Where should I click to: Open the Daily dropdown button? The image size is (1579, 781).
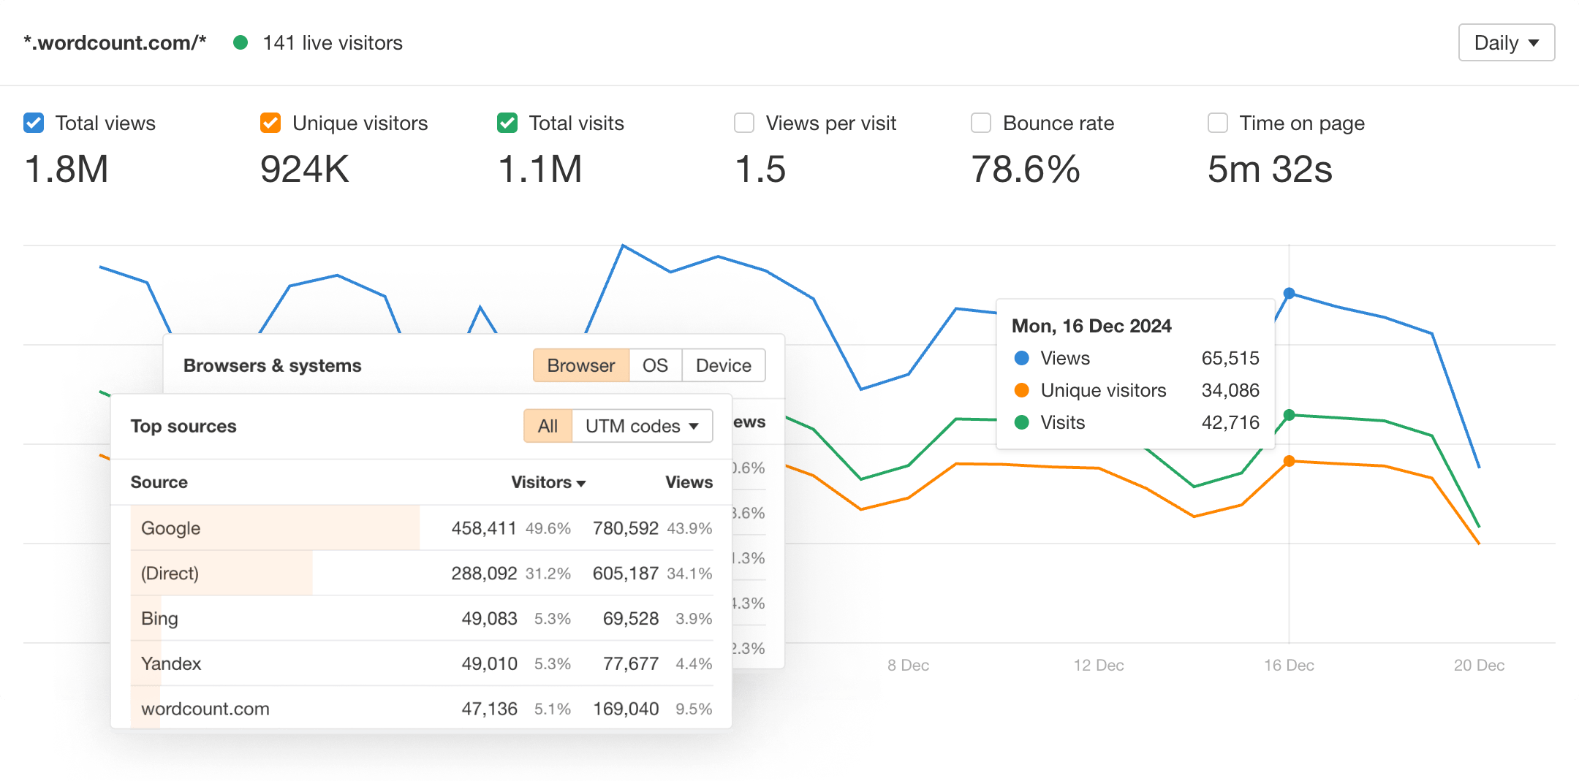coord(1506,43)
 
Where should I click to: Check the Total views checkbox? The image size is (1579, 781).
coord(34,123)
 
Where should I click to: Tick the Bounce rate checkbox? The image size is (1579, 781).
coord(981,123)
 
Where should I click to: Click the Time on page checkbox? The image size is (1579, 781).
coord(1218,123)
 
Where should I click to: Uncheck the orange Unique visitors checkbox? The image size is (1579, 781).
coord(270,123)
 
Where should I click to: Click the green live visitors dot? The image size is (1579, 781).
coord(241,43)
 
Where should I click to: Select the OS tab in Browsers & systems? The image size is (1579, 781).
coord(655,365)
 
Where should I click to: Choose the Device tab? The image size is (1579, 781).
coord(723,365)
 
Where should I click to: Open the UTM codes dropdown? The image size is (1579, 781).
coord(642,426)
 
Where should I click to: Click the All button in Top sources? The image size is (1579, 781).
coord(548,426)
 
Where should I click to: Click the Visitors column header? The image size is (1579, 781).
coord(548,482)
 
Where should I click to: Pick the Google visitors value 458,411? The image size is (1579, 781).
coord(483,528)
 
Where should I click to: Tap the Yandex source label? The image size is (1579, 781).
coord(171,663)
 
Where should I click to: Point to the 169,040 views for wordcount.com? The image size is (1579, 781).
coord(625,709)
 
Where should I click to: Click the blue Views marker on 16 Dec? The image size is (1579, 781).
coord(1290,293)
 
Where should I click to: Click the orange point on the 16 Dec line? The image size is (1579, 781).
coord(1290,461)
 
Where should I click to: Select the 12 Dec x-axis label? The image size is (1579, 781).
coord(1098,666)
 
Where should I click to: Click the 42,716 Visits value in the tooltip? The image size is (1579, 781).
coord(1230,422)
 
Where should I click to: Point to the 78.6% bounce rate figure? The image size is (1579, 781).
coord(1025,169)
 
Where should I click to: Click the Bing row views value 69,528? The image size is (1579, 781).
coord(630,619)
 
